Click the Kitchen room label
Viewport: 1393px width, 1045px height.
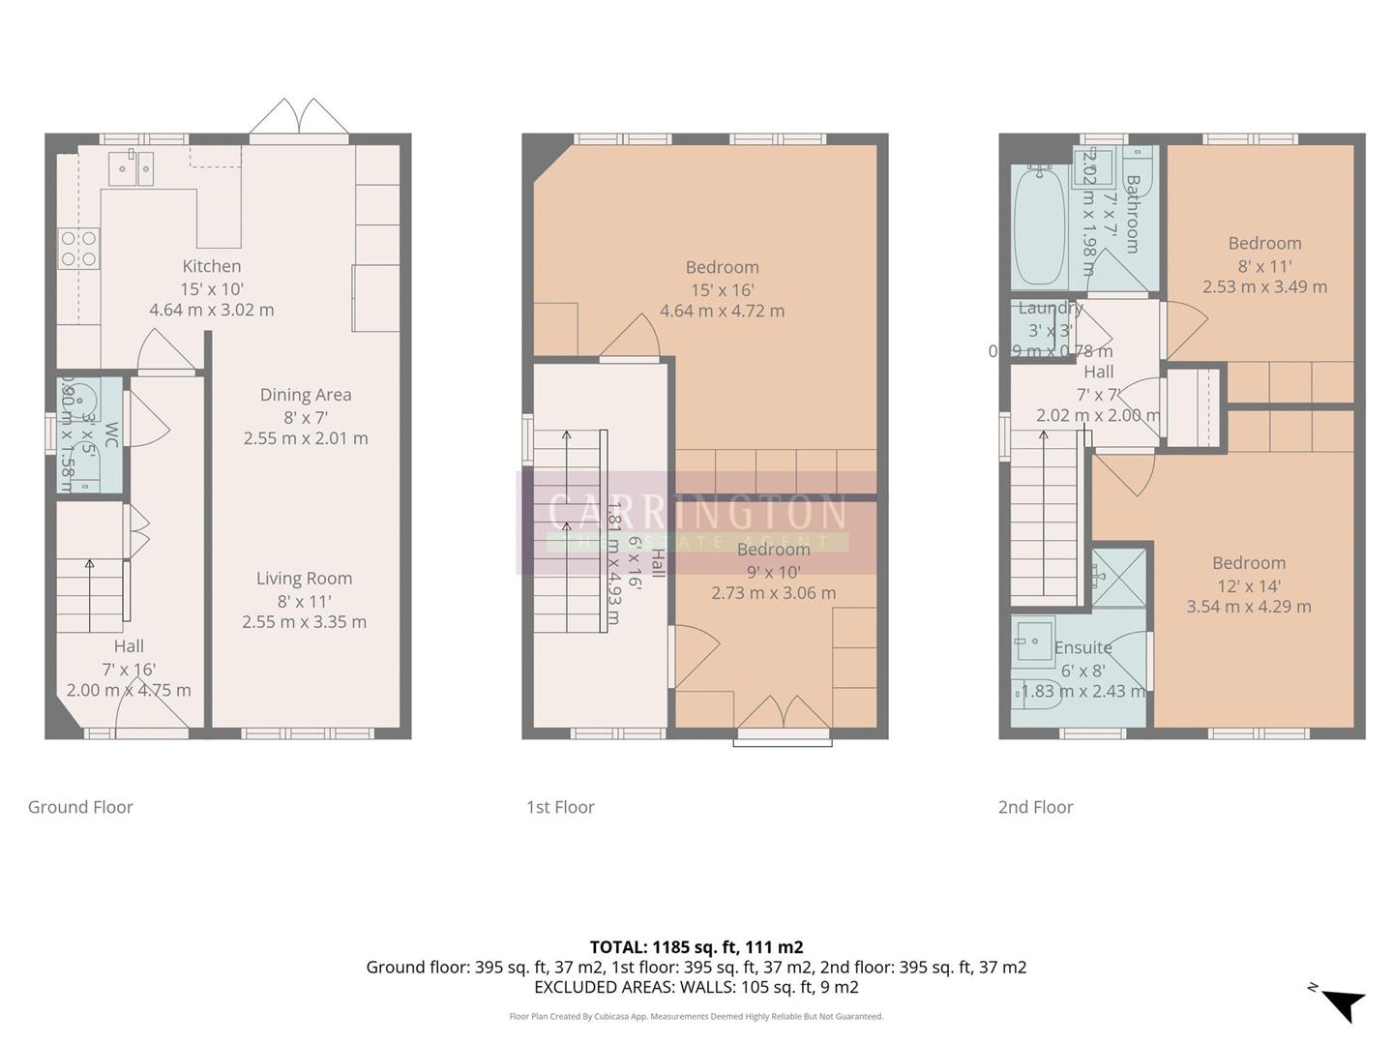[211, 266]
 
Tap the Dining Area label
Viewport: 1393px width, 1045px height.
[305, 395]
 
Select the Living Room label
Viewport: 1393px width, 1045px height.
[304, 579]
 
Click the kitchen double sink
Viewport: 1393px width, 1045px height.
[131, 168]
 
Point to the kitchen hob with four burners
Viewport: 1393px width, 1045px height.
[78, 248]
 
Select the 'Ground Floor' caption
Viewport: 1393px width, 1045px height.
[80, 807]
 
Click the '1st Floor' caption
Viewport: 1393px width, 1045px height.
[560, 807]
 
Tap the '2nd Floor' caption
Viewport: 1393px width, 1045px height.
[1035, 807]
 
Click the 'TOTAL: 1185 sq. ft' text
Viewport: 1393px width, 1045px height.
[696, 947]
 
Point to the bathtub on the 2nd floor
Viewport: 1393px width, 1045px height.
[1039, 225]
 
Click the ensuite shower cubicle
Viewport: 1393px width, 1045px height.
[1119, 578]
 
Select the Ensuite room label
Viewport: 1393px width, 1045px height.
[1082, 647]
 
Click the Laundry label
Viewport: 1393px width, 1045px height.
[1050, 309]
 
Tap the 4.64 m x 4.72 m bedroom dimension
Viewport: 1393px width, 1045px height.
[722, 312]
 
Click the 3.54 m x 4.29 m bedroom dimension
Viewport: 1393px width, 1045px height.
[1249, 607]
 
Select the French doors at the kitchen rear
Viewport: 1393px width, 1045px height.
[299, 119]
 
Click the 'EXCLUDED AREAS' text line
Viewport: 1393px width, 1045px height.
[696, 987]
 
